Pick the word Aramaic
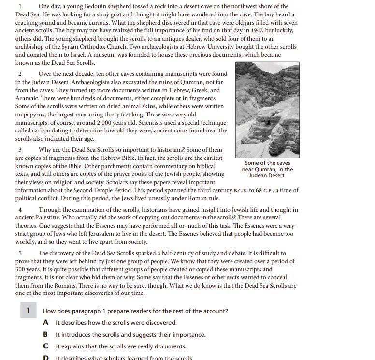point(28,98)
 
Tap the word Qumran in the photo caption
point(265,169)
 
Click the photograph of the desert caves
point(267,110)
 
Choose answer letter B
point(45,334)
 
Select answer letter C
point(45,346)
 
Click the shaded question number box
point(28,310)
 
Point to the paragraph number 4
point(20,210)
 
